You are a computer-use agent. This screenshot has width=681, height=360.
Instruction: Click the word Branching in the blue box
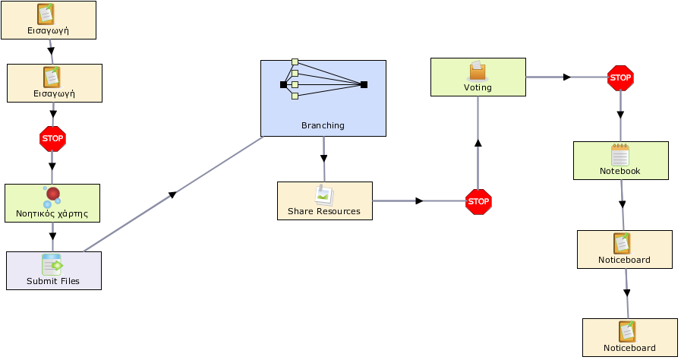click(323, 125)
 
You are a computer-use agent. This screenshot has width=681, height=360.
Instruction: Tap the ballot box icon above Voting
click(478, 71)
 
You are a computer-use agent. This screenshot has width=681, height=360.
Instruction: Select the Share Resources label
click(324, 211)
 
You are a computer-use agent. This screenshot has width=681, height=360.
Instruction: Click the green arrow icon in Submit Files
click(56, 265)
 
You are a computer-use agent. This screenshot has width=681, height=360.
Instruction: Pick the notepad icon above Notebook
click(620, 155)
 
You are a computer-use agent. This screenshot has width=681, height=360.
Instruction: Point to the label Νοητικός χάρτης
click(52, 213)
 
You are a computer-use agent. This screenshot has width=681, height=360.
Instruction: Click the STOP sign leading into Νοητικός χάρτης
click(52, 139)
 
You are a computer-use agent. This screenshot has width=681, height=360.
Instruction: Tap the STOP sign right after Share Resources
click(478, 201)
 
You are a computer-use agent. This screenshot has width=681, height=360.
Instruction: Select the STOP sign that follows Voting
click(620, 78)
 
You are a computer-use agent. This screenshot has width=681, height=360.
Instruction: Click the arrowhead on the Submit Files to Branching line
click(172, 194)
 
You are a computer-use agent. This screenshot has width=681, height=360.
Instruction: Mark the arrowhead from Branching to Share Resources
click(323, 159)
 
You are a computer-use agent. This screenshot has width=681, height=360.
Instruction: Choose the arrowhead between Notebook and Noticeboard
click(623, 204)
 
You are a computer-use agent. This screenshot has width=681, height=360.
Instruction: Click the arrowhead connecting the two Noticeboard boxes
click(626, 293)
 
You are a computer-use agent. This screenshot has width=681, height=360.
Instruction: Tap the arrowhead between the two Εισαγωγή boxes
click(51, 51)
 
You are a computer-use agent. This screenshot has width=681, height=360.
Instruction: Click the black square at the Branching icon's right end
click(364, 84)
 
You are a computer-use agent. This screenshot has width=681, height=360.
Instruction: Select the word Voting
click(478, 87)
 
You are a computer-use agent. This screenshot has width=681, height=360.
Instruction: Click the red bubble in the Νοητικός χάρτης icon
click(53, 194)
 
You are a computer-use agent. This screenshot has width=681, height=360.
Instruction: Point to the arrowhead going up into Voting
click(478, 143)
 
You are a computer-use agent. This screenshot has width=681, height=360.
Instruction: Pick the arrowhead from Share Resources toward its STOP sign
click(419, 201)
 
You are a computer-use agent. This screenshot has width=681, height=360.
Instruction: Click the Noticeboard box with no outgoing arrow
click(629, 337)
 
